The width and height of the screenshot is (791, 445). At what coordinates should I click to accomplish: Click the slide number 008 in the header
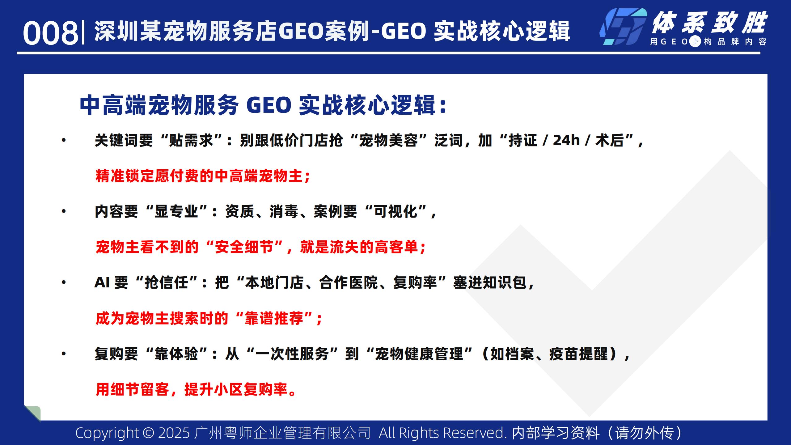[51, 33]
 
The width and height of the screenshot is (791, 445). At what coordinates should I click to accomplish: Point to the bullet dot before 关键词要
[64, 141]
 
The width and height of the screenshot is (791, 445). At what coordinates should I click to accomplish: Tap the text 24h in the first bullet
[566, 140]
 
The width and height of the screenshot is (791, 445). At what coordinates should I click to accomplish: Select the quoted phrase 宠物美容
[388, 141]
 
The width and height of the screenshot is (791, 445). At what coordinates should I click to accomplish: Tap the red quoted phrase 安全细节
[244, 247]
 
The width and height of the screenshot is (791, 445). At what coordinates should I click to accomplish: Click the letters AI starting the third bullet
[102, 282]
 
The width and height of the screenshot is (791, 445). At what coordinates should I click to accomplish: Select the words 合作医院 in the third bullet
[348, 283]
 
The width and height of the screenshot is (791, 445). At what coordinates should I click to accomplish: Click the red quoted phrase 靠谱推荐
[274, 318]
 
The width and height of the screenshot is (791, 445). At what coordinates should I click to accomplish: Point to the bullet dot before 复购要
[64, 354]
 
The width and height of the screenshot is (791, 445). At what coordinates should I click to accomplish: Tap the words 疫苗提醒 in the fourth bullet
[578, 354]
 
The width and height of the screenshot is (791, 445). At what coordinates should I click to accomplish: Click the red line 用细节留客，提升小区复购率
[192, 389]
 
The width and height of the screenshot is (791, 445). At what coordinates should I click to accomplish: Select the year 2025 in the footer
[174, 433]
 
